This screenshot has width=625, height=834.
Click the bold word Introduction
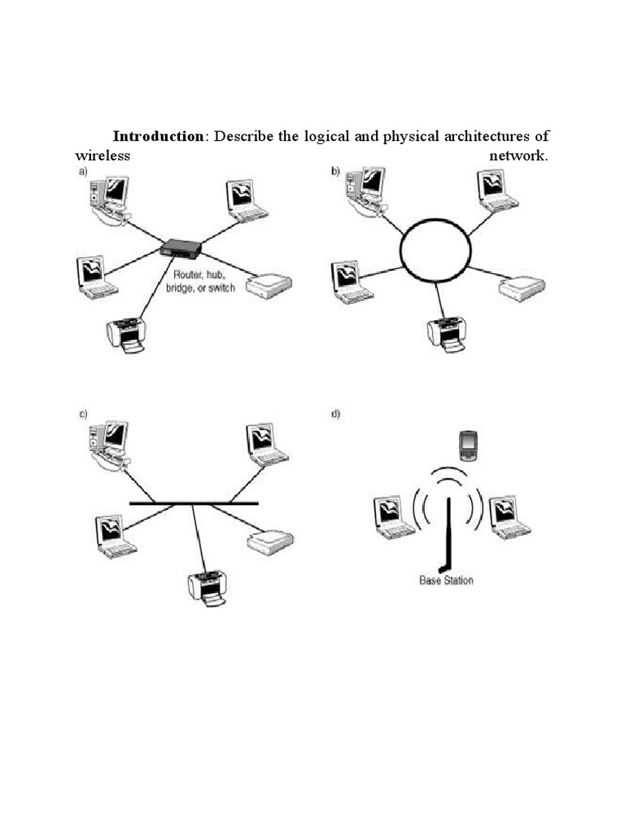coord(158,135)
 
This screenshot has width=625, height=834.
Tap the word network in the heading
coord(519,155)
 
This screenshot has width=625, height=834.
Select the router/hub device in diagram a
coord(180,247)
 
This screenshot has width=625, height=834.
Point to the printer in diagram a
coord(127,334)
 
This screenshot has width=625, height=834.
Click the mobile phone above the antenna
coord(467,445)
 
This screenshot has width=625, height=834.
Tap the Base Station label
coord(446,581)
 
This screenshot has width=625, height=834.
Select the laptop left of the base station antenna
coord(392,516)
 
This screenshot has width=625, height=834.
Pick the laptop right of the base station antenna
coord(509,515)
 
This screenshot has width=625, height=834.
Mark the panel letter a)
coord(82,171)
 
